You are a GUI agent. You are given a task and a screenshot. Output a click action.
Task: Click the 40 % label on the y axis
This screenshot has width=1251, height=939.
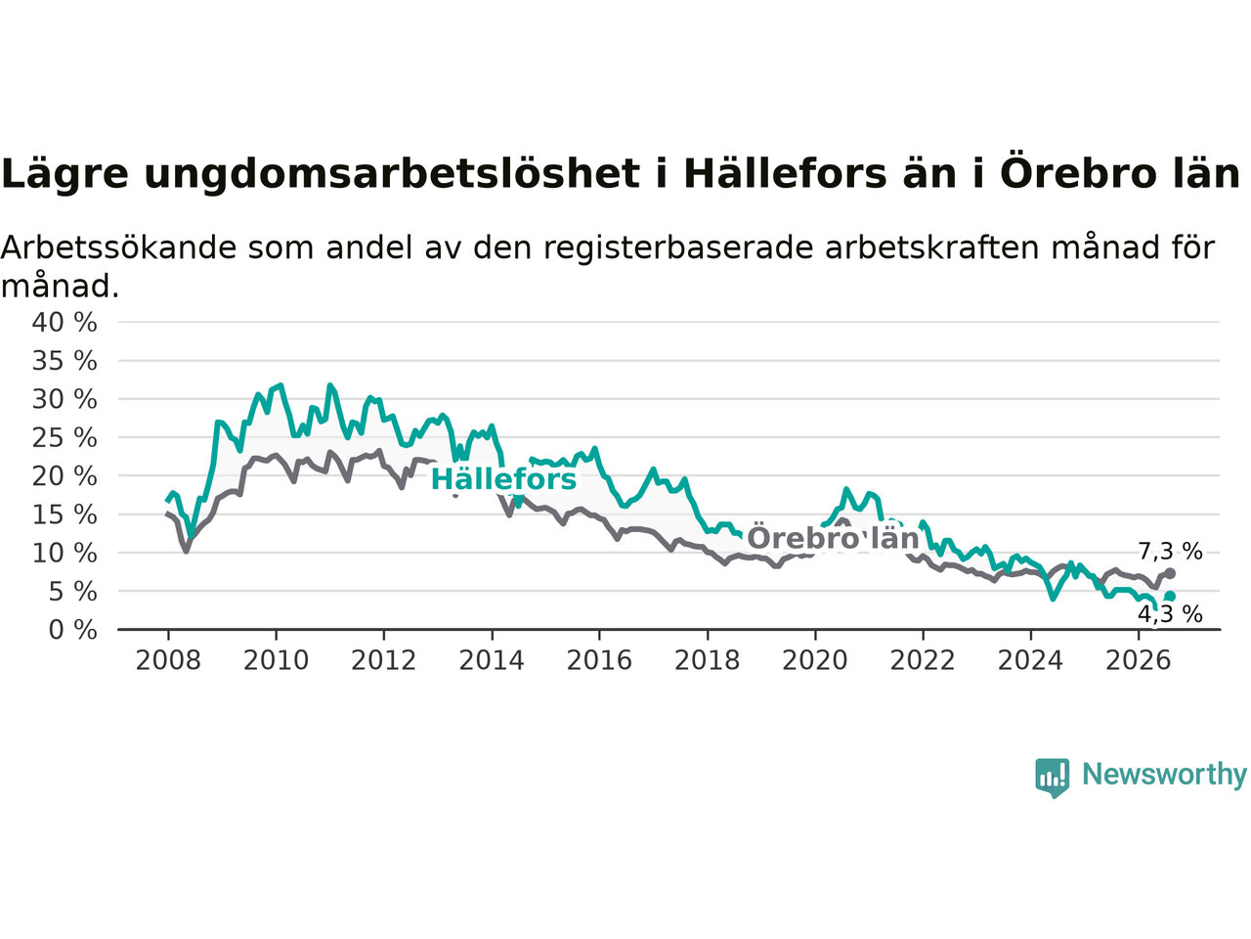(65, 323)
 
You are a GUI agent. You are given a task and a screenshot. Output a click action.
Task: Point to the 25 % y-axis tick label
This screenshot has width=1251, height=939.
(65, 438)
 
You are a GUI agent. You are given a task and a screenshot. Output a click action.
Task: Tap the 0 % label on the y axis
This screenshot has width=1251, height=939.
(73, 631)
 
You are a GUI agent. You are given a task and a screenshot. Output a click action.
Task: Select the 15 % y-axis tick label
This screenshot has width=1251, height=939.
(65, 515)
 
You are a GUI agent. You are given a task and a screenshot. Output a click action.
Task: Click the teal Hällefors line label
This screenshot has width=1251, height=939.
(503, 479)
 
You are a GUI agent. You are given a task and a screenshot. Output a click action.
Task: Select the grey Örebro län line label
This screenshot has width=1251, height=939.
(833, 538)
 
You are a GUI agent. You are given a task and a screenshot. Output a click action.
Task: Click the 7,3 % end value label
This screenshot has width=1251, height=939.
(1170, 552)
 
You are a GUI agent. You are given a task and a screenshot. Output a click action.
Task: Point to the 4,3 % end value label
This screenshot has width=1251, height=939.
(1170, 614)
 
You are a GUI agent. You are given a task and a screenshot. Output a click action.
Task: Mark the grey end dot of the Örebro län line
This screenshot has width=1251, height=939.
(1170, 573)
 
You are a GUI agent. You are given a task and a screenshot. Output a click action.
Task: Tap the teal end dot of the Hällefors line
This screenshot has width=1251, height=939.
(1170, 597)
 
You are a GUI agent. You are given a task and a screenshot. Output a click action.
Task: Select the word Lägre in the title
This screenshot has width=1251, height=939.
(65, 172)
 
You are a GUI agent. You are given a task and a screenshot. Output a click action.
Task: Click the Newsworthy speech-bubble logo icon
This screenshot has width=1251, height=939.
(1052, 778)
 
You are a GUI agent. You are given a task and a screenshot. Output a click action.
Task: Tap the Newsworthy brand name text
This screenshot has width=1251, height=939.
(1164, 775)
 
